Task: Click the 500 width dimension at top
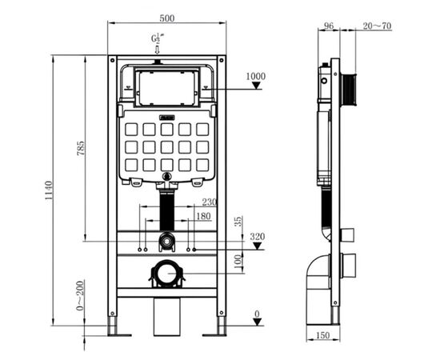tap(167, 17)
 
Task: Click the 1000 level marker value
tap(255, 76)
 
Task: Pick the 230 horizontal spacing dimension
tap(209, 202)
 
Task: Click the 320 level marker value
tap(256, 237)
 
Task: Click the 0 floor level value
tap(257, 313)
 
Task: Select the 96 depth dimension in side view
tap(328, 25)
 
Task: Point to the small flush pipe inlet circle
tap(166, 239)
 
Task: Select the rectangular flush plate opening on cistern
tap(167, 87)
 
